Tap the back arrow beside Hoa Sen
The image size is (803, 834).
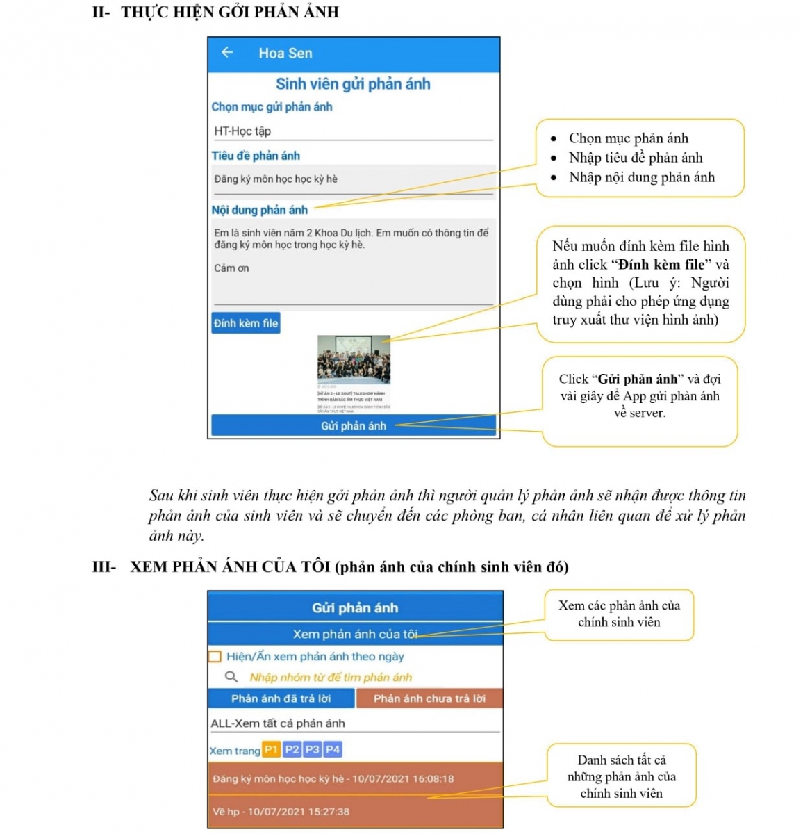227,53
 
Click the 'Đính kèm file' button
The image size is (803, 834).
246,323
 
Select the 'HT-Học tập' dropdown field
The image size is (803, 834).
353,131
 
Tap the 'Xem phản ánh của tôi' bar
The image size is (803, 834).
355,634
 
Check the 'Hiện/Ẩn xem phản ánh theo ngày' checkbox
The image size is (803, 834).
215,656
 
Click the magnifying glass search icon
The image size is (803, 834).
231,677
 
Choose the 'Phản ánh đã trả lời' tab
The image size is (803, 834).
281,698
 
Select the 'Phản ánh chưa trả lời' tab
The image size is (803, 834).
429,698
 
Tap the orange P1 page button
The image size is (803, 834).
271,749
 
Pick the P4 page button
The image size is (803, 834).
333,749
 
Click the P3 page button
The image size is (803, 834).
313,749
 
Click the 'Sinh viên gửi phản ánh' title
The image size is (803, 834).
353,84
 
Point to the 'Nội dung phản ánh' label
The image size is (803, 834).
259,210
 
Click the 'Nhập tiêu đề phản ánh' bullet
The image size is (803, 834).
635,158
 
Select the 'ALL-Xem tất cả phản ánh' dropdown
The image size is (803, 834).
354,723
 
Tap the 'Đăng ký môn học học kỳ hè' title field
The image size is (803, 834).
353,179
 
